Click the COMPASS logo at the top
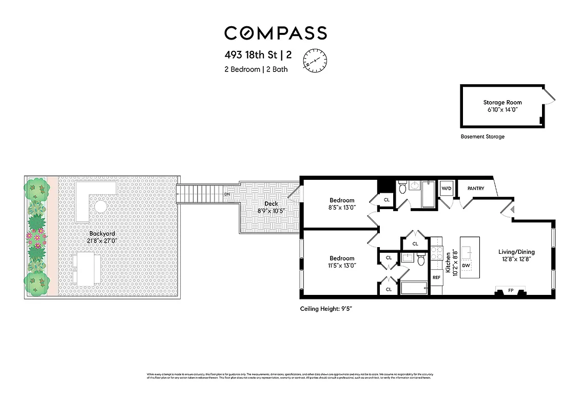275,33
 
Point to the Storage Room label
502,103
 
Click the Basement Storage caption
482,137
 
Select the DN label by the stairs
227,195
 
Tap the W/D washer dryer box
447,189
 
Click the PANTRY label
476,189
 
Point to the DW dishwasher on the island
466,266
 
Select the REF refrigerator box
436,277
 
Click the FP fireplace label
510,291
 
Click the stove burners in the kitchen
436,252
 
